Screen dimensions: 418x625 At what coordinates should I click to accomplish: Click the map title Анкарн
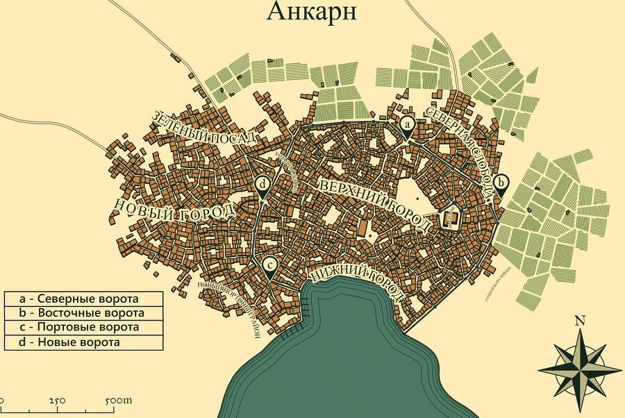coord(312,12)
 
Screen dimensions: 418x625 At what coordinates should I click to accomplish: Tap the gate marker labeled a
coord(407,124)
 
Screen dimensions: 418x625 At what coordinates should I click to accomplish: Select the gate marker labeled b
coord(501,183)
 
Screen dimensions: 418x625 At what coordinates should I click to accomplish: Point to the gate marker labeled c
coord(270,265)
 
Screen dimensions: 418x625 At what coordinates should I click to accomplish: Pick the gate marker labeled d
coord(262,185)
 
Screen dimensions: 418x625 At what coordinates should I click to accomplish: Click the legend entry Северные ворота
coord(83,299)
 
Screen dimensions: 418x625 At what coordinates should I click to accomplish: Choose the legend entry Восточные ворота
coord(83,313)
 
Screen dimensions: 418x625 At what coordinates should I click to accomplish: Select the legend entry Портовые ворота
coord(83,327)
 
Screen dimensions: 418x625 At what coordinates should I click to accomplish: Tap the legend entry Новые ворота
coord(83,342)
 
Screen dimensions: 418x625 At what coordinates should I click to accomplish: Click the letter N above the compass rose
coord(581,321)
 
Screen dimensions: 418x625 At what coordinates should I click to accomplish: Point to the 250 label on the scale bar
coord(58,401)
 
